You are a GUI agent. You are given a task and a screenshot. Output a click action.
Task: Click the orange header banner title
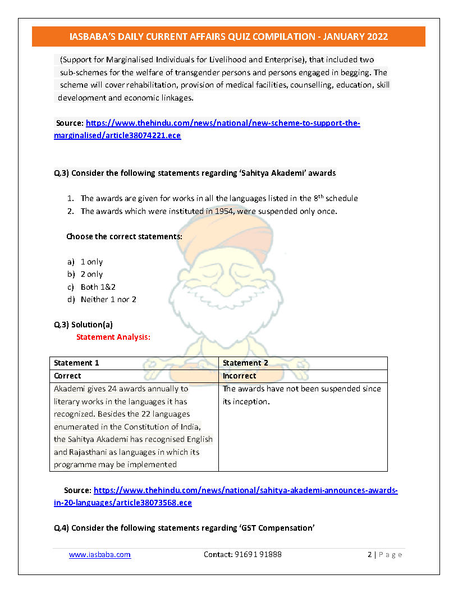[228, 37]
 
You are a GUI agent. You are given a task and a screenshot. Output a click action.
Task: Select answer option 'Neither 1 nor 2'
[108, 299]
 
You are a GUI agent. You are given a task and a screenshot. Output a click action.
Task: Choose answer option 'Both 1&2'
[98, 287]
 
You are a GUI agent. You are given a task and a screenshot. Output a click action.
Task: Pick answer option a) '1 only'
[91, 262]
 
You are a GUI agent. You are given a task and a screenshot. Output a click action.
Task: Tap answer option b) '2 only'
[91, 274]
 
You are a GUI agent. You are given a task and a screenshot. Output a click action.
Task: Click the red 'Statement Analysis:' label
[113, 337]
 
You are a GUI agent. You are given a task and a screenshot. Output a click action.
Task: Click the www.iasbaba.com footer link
[100, 554]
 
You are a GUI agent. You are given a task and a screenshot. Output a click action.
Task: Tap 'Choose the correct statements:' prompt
[124, 236]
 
